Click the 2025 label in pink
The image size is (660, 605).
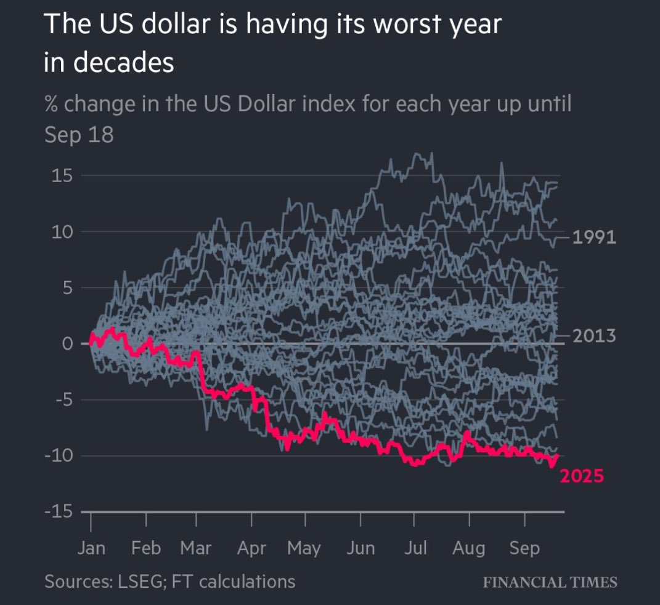[581, 476]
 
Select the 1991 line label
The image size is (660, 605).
[594, 237]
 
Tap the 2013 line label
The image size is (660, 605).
[594, 336]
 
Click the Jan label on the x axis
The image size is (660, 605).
[92, 548]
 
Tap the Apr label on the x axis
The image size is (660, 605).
[252, 548]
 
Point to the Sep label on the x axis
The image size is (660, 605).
[524, 548]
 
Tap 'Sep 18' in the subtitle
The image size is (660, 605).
[79, 135]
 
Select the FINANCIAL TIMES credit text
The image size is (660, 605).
[550, 582]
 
